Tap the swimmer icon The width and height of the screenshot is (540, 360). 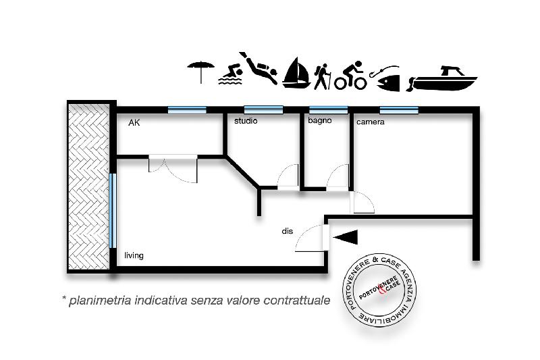click(x=230, y=76)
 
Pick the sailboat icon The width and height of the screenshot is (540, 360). click(x=296, y=74)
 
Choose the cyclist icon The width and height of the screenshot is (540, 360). click(x=351, y=76)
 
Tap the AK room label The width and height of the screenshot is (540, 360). click(x=134, y=123)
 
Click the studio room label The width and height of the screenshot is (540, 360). click(x=246, y=122)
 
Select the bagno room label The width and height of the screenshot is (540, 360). click(x=319, y=122)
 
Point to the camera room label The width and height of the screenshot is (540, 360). click(x=370, y=122)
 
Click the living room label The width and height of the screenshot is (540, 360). click(x=134, y=255)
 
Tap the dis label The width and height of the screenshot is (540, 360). click(x=287, y=231)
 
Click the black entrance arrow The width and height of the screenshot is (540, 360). click(x=346, y=236)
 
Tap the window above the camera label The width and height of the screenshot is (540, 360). click(x=398, y=109)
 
